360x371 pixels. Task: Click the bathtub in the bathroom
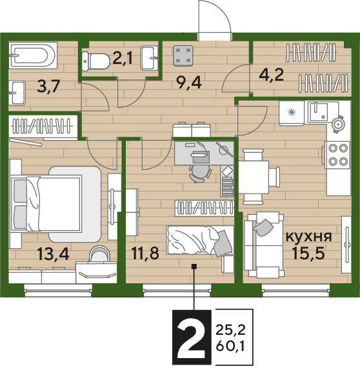pos(33,55)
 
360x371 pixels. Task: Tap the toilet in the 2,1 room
pos(95,61)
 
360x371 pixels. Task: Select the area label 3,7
pos(49,86)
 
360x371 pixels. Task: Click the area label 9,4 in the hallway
pos(190,83)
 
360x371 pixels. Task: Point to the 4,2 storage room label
pos(272,75)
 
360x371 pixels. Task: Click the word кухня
pos(308,236)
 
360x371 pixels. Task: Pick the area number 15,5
pos(308,253)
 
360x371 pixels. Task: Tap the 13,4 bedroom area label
pos(53,254)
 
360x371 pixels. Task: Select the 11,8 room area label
pos(145,253)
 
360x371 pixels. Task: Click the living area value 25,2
pos(230,330)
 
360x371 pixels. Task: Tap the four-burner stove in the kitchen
pos(337,155)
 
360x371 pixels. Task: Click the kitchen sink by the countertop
pos(317,112)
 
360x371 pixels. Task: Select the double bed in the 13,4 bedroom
pos(46,203)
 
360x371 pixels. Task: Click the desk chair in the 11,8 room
pos(200,173)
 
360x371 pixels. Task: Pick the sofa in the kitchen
pos(264,245)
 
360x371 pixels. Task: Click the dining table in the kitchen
pos(254,177)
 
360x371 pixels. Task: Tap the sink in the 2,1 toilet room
pos(149,58)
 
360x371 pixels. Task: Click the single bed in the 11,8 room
pos(200,240)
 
